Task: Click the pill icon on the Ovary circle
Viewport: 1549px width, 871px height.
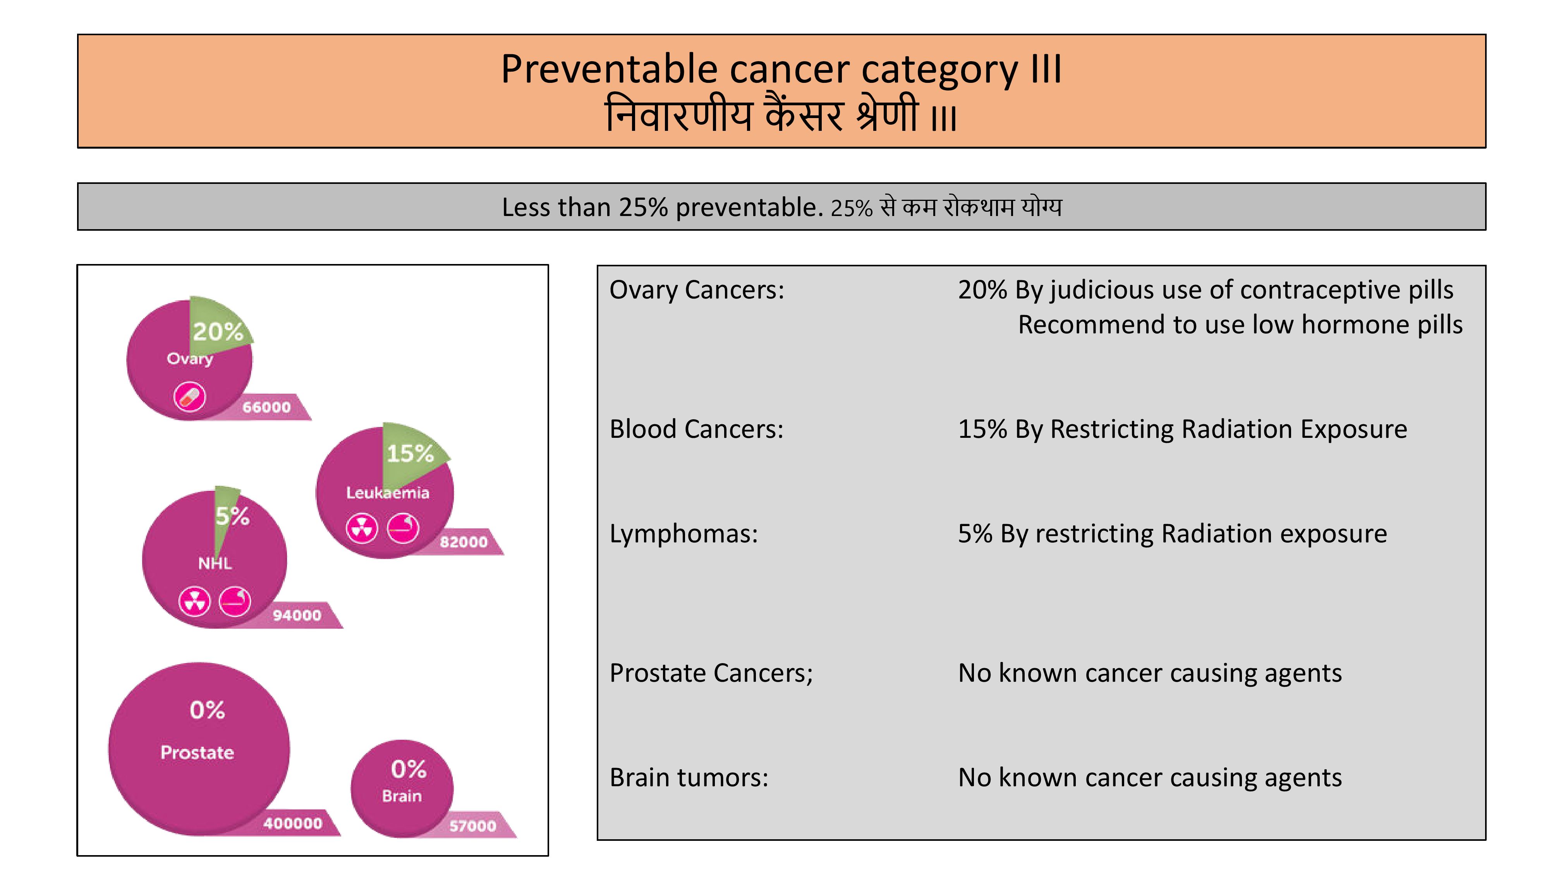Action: coord(189,397)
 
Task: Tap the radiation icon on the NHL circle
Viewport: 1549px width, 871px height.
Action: coord(194,601)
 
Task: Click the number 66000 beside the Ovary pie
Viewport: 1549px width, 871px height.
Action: coord(266,408)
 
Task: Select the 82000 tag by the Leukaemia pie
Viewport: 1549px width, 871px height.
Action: coord(464,542)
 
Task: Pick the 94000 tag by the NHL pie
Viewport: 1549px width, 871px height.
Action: coord(297,616)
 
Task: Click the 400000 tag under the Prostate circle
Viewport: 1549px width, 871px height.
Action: coord(293,823)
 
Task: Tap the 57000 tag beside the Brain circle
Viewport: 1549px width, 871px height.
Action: coord(472,826)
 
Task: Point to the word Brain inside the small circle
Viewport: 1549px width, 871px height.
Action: coord(402,796)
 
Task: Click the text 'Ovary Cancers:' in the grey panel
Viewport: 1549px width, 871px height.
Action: coord(697,290)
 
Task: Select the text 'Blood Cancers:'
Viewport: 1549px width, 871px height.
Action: coord(696,429)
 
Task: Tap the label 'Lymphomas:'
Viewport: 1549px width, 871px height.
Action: coord(684,534)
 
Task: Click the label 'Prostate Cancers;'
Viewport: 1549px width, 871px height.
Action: coord(711,673)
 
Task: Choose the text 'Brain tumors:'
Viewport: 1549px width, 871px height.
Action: coord(689,778)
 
